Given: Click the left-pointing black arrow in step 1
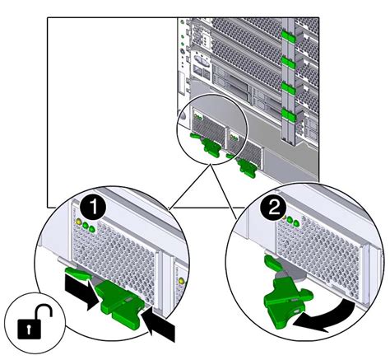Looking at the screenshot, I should tap(158, 324).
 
